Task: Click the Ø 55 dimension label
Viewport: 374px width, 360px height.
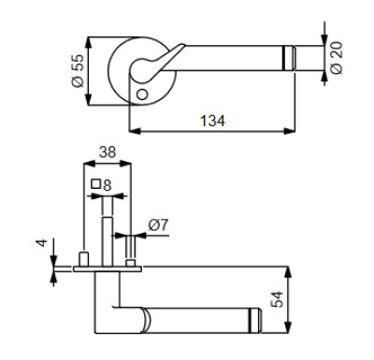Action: pos(79,71)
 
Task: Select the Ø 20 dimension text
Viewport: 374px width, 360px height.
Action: pos(337,58)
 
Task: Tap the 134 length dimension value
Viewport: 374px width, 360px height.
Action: pos(212,121)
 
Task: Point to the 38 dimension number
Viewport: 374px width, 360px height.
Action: pos(108,152)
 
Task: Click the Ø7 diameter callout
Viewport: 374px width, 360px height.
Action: pos(158,225)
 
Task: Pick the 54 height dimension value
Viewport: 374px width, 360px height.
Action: pos(277,299)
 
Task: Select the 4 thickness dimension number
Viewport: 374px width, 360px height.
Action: pos(42,243)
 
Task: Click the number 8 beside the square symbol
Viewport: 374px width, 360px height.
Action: pos(107,185)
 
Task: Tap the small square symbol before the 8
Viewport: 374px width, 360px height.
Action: pos(96,184)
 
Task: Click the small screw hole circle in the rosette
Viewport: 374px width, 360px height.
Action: pos(142,94)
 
